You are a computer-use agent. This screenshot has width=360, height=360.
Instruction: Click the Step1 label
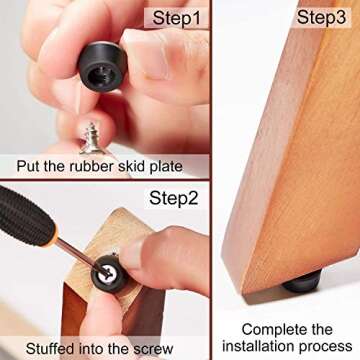[x=175, y=18]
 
